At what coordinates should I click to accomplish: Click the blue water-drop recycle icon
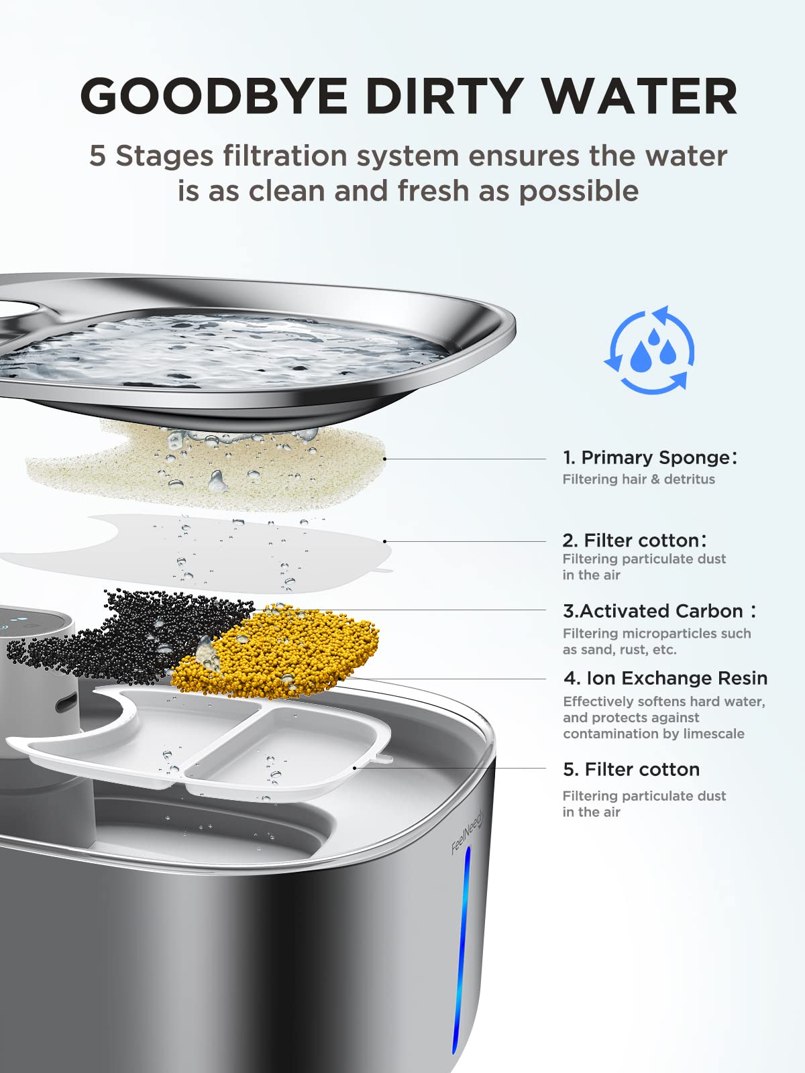point(649,349)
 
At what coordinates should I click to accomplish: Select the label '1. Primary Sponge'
point(649,457)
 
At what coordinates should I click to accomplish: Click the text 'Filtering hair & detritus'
point(639,479)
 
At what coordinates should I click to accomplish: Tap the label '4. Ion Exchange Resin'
point(665,678)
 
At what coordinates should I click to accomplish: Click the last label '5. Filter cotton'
point(631,769)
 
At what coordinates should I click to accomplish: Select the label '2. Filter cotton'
point(634,541)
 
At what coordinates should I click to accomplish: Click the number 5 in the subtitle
point(98,156)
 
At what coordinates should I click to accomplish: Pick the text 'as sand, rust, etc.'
point(619,650)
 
